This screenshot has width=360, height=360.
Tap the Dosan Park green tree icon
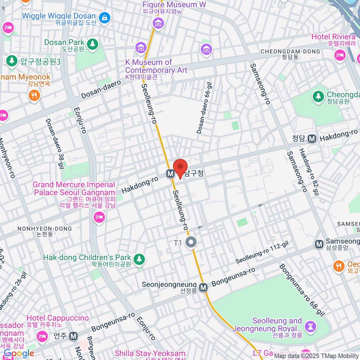click(92, 44)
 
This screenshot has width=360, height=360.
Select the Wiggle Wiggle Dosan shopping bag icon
click(104, 18)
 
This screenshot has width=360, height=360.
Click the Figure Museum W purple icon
click(158, 23)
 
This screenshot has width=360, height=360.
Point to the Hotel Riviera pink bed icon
click(340, 55)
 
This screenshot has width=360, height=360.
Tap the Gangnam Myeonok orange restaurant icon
click(34, 96)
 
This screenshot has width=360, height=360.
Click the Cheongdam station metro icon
click(312, 139)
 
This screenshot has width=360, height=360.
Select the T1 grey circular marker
click(190, 242)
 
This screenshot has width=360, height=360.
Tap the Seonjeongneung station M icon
click(203, 287)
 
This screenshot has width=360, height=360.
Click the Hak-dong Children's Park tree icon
click(139, 259)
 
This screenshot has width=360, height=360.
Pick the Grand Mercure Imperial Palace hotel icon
click(99, 217)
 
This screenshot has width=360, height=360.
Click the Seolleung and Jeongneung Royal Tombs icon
click(310, 326)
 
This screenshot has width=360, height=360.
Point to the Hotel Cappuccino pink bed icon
click(42, 336)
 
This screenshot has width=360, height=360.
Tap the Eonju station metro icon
click(73, 336)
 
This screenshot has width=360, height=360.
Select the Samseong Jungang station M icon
click(319, 244)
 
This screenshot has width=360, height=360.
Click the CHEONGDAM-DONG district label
click(290, 52)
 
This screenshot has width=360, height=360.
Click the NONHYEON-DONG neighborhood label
click(45, 229)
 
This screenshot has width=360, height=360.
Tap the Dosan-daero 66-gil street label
click(204, 108)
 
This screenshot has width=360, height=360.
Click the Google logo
click(19, 354)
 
